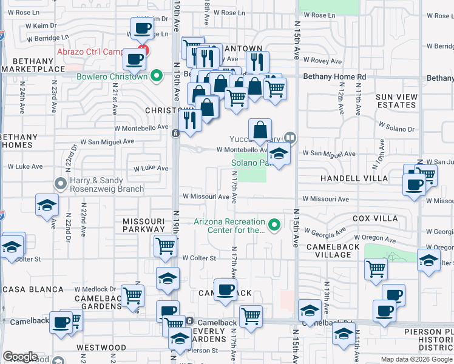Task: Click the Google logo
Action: [x=21, y=357]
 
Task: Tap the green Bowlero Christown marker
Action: [x=157, y=76]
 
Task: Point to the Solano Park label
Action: [x=249, y=163]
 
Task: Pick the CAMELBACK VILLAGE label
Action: [x=337, y=251]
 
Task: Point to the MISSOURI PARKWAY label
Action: [x=143, y=225]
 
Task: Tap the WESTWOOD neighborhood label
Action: [x=101, y=348]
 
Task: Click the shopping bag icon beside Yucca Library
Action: [x=260, y=130]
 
